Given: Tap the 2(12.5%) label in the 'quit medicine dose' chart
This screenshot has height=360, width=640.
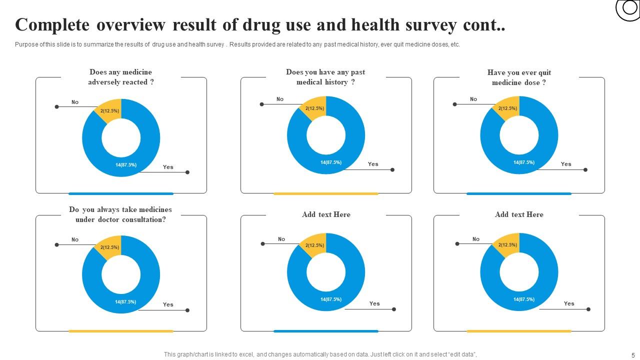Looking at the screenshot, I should [x=507, y=108].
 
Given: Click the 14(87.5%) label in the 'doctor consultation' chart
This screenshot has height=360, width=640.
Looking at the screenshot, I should [x=125, y=301].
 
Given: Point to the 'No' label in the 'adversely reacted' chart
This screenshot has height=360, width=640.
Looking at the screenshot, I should [x=75, y=102].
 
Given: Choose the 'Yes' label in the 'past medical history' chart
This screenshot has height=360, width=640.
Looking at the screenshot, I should [x=373, y=164].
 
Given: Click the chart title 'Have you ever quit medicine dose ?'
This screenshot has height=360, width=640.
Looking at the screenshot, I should [x=519, y=77].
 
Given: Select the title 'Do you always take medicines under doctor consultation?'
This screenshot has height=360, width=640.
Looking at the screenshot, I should [x=120, y=214].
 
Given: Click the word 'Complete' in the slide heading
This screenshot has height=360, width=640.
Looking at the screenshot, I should [x=52, y=24].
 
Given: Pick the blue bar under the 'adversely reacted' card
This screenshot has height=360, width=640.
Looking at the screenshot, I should [x=120, y=193].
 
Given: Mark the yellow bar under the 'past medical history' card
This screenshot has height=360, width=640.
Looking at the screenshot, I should [x=325, y=193].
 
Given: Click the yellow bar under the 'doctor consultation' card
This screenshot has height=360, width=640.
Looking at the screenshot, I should [x=120, y=331].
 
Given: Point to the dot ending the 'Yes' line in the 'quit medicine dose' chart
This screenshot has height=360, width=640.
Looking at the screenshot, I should [x=585, y=170].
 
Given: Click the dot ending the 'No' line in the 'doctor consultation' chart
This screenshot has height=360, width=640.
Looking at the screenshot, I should [x=56, y=245].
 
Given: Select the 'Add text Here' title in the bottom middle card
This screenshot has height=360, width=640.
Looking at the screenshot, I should [x=326, y=214].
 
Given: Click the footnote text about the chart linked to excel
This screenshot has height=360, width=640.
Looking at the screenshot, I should [x=320, y=354].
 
